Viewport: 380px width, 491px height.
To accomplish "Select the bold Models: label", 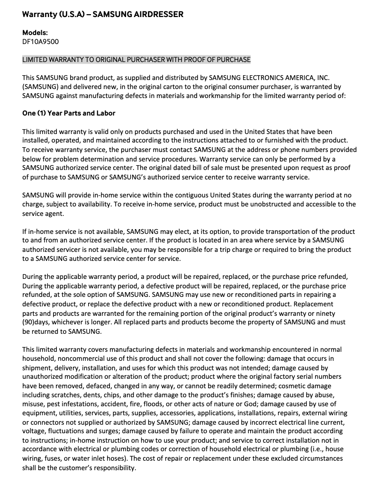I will (x=35, y=33).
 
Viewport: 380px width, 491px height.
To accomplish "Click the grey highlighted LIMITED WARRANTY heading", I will (x=136, y=60).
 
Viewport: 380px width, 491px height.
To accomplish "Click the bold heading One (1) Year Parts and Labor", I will (x=69, y=114).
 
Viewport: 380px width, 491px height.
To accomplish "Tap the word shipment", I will (x=37, y=367).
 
